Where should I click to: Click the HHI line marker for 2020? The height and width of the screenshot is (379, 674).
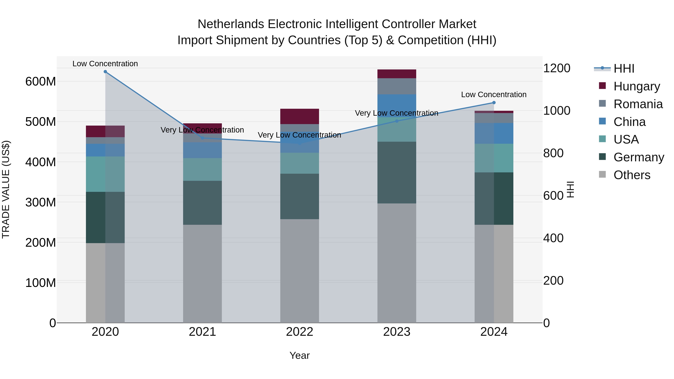(x=105, y=72)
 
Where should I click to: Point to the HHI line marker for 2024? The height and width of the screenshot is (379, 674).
(x=494, y=103)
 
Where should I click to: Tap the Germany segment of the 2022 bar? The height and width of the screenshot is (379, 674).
(x=300, y=196)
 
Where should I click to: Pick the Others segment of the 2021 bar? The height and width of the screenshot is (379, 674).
(x=202, y=273)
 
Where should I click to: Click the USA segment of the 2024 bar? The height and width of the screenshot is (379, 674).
(x=494, y=158)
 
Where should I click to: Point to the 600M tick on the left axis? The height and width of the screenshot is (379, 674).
(x=41, y=82)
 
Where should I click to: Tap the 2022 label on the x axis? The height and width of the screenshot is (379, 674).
(x=300, y=332)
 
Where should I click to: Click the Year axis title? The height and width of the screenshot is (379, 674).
(x=300, y=355)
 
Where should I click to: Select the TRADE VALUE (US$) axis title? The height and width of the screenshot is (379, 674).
(x=6, y=189)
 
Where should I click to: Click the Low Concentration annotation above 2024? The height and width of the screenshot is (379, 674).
(x=494, y=95)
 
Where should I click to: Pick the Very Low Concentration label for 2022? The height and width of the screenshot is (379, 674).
(x=299, y=135)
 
